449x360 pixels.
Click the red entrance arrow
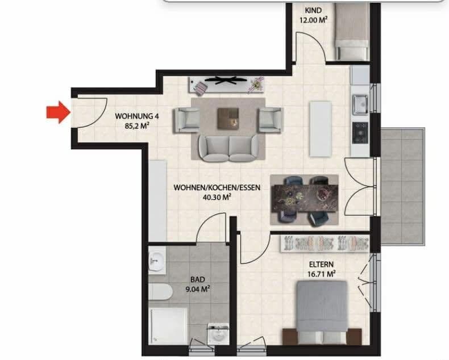57,111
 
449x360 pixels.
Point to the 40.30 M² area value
217,198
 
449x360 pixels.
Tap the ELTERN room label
321,264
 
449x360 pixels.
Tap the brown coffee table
230,117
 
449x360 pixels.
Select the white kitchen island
320,128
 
